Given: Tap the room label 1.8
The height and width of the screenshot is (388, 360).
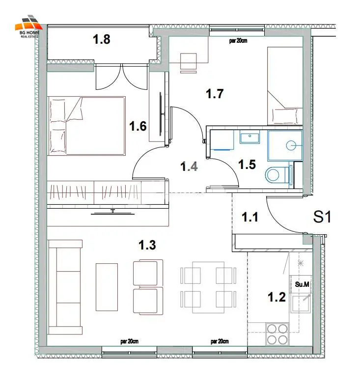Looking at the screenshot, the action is [x=102, y=39].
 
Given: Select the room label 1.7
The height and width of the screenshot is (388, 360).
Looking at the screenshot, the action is [x=215, y=94].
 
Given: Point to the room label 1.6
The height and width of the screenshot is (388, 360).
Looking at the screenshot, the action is [x=138, y=126].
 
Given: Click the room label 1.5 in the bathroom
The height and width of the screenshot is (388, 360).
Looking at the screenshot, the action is [x=247, y=165].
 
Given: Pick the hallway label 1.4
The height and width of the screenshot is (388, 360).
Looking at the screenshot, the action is [x=189, y=166].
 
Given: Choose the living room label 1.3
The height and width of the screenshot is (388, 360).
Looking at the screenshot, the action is [x=147, y=245].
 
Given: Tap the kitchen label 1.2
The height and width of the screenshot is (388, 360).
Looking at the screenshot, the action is [x=277, y=297].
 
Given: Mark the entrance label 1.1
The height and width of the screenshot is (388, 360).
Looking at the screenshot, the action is [x=250, y=217].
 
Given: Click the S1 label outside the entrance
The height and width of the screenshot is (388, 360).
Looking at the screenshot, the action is [x=322, y=217].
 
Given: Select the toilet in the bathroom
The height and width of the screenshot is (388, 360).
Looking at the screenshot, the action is [x=277, y=175].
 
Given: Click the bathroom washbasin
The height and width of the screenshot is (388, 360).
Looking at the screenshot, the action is [x=249, y=138].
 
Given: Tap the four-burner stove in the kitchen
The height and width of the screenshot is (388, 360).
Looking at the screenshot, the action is [x=277, y=334].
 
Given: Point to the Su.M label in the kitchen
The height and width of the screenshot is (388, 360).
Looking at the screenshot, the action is [x=302, y=284].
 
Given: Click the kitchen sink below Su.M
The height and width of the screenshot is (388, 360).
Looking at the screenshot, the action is [x=301, y=303].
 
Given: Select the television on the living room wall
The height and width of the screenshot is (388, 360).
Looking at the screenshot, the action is [x=113, y=213].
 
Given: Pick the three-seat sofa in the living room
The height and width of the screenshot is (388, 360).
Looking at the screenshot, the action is [x=65, y=287].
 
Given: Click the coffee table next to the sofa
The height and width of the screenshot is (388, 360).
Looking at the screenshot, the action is [x=107, y=287].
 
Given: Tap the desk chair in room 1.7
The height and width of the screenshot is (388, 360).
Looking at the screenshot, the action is [x=189, y=62].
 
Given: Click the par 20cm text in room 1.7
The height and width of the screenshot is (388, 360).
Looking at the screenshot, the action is [x=238, y=41].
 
